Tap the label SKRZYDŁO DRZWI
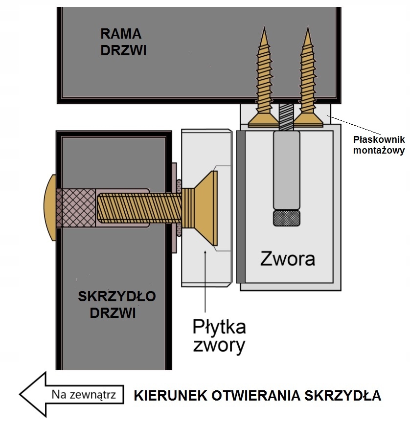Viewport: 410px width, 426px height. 117,304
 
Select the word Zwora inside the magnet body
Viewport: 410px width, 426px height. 287,258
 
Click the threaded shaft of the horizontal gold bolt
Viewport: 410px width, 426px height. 137,200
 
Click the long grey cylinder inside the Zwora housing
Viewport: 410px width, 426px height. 286,169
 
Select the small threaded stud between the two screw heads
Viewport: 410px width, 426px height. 286,116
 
